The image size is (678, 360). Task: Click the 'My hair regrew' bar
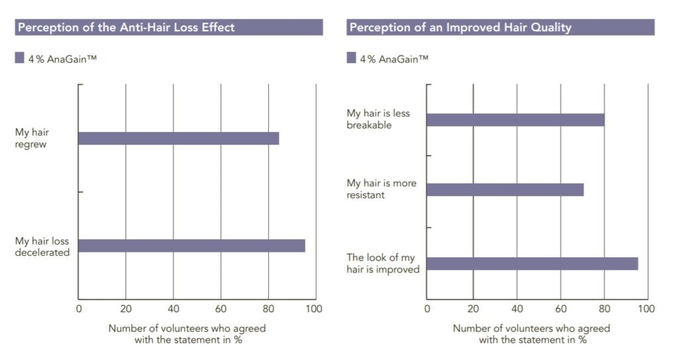pyautogui.click(x=178, y=138)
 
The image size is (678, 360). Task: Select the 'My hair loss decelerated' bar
pyautogui.click(x=191, y=245)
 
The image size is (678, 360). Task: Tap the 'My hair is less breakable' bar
pyautogui.click(x=515, y=119)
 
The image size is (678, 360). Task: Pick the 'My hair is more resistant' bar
pyautogui.click(x=505, y=190)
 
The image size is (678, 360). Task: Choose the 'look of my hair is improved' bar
pyautogui.click(x=532, y=263)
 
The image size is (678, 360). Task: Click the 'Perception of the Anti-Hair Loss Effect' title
pyautogui.click(x=126, y=27)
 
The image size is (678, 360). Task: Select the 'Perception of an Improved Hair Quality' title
pyautogui.click(x=460, y=27)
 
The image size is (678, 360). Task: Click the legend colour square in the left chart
pyautogui.click(x=19, y=58)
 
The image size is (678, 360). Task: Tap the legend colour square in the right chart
pyautogui.click(x=352, y=58)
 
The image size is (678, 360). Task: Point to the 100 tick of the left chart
pyautogui.click(x=315, y=308)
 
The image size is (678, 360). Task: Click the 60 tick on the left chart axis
pyautogui.click(x=220, y=308)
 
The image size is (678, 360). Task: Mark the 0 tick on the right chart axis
pyautogui.click(x=427, y=308)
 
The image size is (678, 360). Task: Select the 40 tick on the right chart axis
pyautogui.click(x=517, y=308)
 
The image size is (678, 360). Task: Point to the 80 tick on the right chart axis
pyautogui.click(x=605, y=308)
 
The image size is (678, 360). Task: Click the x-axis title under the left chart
pyautogui.click(x=187, y=334)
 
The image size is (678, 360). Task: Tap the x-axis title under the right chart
pyautogui.click(x=532, y=334)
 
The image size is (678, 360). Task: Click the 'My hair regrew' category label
pyautogui.click(x=32, y=139)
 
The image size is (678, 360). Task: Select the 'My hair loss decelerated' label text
pyautogui.click(x=42, y=247)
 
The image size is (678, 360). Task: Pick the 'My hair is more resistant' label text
pyautogui.click(x=381, y=189)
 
